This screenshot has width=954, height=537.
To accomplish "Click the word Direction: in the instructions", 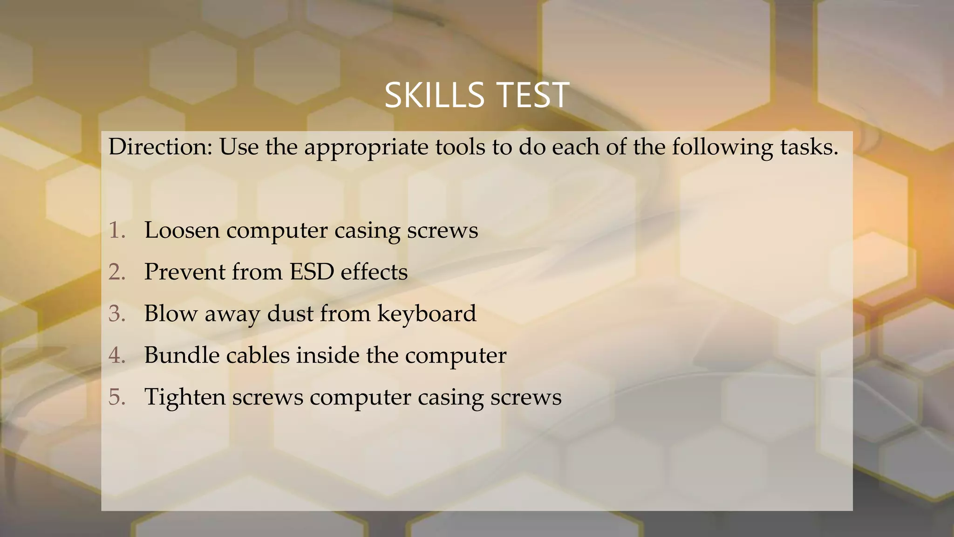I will (160, 147).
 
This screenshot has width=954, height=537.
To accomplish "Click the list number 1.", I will (117, 230).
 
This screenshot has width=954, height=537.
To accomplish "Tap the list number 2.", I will (117, 272).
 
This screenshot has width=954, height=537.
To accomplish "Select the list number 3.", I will (117, 313).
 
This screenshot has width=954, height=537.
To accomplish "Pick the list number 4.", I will (117, 355).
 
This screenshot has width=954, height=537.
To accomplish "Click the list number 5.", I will (117, 397).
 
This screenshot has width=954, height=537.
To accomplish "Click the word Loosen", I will (182, 230).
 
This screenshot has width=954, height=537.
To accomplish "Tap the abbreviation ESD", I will (312, 272).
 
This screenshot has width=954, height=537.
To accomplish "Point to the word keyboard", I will (427, 314).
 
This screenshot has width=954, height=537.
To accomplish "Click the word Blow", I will (170, 313).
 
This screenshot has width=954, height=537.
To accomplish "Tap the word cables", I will (258, 355).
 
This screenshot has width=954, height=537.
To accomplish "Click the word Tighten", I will (185, 397).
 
